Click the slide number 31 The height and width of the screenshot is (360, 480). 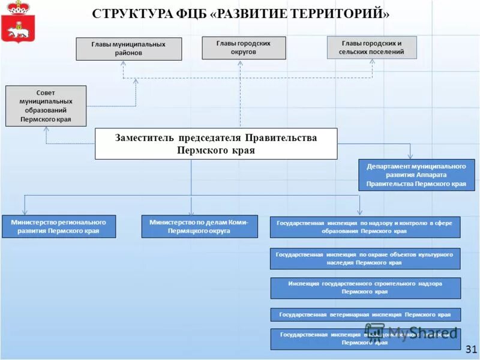click(x=470, y=349)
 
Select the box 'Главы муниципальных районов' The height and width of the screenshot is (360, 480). click(x=128, y=49)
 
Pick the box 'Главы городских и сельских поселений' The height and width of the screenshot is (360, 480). click(x=371, y=47)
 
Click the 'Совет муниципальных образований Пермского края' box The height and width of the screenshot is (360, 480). click(x=46, y=106)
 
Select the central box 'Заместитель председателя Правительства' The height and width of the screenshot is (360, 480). click(x=216, y=143)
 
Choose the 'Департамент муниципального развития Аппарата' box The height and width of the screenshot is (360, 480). click(x=416, y=175)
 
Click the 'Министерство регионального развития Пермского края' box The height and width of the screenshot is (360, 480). click(x=58, y=226)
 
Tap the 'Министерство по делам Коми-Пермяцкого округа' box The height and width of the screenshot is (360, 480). click(x=199, y=226)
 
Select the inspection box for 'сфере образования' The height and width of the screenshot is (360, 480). click(x=365, y=227)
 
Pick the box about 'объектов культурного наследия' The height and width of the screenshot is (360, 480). click(x=365, y=259)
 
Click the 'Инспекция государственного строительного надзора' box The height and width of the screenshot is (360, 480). click(x=365, y=288)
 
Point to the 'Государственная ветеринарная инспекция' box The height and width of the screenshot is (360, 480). click(x=365, y=314)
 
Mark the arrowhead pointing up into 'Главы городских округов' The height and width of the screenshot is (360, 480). click(x=241, y=62)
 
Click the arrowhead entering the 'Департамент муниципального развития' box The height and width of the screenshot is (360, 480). click(x=411, y=157)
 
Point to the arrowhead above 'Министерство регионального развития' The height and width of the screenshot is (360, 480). click(x=25, y=212)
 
